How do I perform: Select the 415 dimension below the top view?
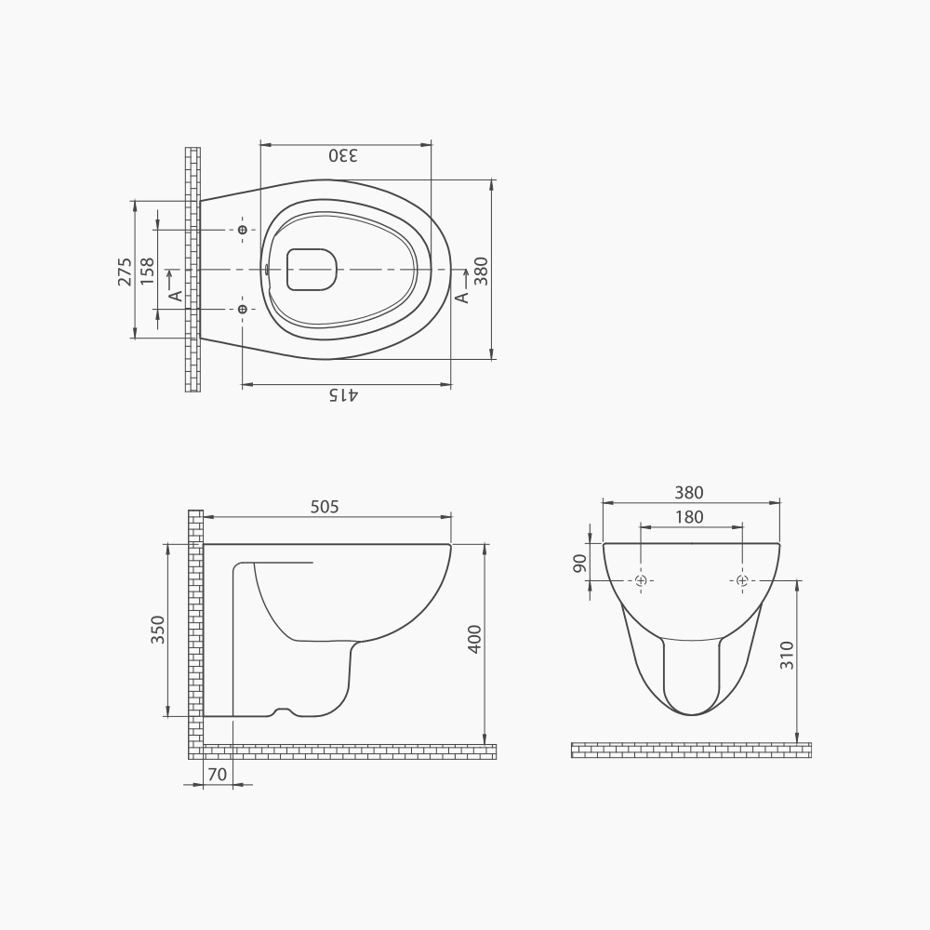(x=343, y=395)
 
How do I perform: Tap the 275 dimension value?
(x=125, y=271)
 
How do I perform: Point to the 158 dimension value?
(x=147, y=271)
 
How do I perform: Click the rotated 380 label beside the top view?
(x=481, y=271)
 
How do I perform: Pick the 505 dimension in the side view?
(x=325, y=507)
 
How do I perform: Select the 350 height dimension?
(x=157, y=630)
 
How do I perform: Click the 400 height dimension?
(x=474, y=640)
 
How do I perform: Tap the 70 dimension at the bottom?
(x=217, y=774)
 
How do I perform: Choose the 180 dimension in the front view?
(x=690, y=517)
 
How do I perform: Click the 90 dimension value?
(x=580, y=564)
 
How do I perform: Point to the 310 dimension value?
(x=787, y=658)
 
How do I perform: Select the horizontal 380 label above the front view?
(x=690, y=493)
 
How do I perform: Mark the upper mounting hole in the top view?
(x=243, y=230)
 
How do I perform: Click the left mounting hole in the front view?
(x=641, y=580)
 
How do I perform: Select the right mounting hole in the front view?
(x=742, y=580)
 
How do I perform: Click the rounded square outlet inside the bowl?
(x=311, y=270)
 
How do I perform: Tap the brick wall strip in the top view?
(x=193, y=270)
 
